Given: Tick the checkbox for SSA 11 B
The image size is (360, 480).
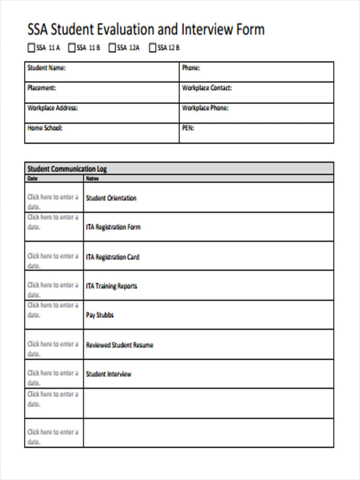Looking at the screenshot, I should point(72,48).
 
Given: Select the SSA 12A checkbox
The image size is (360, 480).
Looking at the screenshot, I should point(112,48).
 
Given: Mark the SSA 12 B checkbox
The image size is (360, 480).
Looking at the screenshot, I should point(152,48).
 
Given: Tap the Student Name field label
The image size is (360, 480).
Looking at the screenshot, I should point(46,68).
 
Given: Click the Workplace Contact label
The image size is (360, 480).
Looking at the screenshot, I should point(207,88).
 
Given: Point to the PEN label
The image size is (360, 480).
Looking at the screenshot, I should point(188,128).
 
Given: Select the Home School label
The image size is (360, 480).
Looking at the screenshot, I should point(45,128).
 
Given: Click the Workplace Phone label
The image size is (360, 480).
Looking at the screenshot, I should point(205,108).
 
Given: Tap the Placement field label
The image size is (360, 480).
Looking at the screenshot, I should point(41,88).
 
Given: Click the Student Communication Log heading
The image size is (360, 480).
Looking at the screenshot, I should point(67,169).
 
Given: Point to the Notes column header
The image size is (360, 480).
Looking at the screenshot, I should point(92,179).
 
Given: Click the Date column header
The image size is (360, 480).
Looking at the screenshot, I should point(32,179).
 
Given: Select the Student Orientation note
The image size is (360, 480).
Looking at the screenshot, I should point(111,198).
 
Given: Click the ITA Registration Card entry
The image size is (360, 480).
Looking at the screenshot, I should point(112,257).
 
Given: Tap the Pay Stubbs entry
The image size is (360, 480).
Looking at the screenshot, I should point(100,315).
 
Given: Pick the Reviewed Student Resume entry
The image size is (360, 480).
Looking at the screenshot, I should point(120,345).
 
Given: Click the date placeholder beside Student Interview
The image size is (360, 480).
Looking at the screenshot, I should point(53,378).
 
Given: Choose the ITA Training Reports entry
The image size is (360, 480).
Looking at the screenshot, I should point(112,286).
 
